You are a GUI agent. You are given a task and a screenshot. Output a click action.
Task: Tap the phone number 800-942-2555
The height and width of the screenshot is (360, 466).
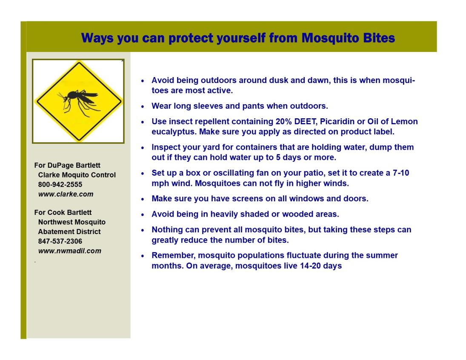point(60,184)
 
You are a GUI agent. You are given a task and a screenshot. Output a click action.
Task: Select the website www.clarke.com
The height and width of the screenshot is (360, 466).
point(66,194)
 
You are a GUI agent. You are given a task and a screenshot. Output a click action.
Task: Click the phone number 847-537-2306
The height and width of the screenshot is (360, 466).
point(60,241)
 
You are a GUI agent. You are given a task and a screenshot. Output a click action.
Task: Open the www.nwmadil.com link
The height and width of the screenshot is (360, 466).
point(70,251)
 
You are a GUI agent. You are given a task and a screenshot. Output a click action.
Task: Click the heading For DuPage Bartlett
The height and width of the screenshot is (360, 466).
point(67,165)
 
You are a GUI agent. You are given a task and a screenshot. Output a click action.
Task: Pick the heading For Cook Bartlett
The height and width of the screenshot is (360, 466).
point(63,212)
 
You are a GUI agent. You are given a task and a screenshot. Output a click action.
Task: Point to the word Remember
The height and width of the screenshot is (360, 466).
point(171,256)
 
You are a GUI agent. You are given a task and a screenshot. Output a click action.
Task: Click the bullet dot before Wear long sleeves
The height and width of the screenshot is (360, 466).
point(143,106)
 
